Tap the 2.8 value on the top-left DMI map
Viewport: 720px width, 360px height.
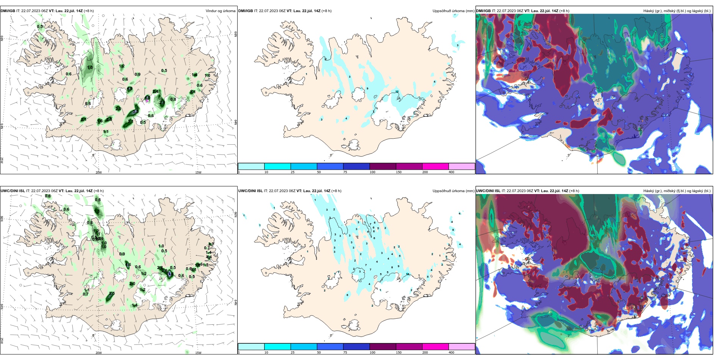109,119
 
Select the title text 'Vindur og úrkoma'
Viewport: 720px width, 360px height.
220,11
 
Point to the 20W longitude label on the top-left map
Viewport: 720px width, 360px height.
99,172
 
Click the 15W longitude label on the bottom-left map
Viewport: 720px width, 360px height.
198,353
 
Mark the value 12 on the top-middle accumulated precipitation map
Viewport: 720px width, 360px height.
397,92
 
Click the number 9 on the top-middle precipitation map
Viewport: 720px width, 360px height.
367,89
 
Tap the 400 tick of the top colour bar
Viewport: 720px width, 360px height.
451,172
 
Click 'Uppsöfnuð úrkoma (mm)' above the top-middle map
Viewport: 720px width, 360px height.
453,11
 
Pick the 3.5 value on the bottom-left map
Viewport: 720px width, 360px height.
112,294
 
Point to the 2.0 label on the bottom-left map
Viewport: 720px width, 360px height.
132,283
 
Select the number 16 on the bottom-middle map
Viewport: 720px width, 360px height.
407,274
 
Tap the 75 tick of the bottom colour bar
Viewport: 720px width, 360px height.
345,352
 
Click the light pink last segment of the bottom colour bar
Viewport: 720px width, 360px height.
461,347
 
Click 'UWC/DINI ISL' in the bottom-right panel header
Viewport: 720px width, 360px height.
488,191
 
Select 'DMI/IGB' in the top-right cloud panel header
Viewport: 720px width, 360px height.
483,11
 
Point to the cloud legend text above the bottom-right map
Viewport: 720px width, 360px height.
676,191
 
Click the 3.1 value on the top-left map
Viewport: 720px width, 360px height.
135,111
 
